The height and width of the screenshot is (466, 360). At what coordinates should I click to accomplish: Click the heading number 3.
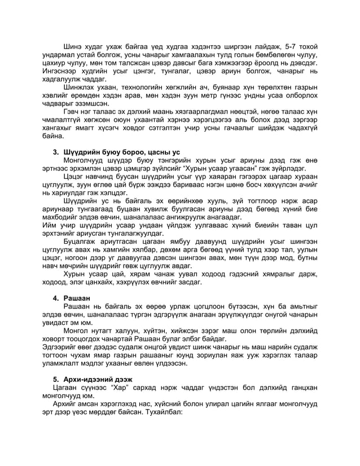[x=56, y=152]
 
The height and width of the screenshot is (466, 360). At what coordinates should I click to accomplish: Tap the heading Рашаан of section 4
[x=79, y=297]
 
